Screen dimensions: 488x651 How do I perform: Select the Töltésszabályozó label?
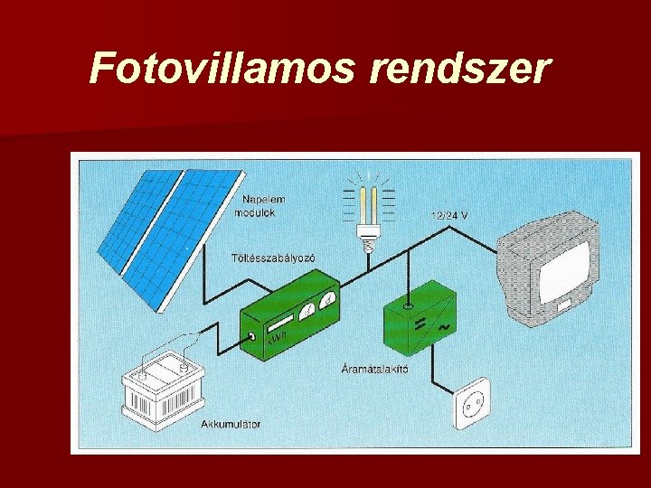pos(273,258)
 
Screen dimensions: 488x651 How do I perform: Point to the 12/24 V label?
pos(449,215)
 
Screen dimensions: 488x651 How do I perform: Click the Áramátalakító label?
pos(375,368)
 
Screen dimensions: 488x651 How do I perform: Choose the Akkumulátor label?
pos(231,422)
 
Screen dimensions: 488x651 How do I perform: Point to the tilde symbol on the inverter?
pos(444,330)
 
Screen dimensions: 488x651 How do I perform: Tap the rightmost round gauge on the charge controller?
pos(328,299)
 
